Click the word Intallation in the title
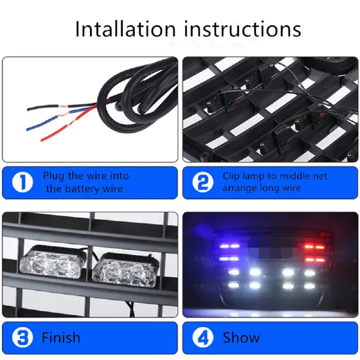click(125, 29)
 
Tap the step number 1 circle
click(22, 182)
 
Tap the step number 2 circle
click(202, 182)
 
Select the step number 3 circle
click(22, 337)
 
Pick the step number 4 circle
click(202, 337)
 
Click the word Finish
click(61, 337)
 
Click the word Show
click(241, 337)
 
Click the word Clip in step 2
click(231, 176)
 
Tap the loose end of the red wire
click(42, 140)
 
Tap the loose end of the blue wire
click(27, 129)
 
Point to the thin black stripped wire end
click(28, 109)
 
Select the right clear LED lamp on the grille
click(125, 270)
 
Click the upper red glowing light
click(314, 247)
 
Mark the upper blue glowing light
click(229, 246)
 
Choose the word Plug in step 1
click(53, 176)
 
